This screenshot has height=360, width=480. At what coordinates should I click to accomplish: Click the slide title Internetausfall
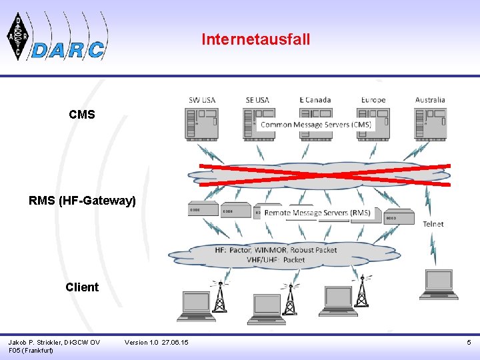256,39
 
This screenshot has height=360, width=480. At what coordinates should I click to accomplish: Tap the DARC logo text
69,50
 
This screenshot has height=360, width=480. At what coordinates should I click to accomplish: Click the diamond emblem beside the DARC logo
18,37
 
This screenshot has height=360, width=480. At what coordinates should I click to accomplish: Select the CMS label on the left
82,115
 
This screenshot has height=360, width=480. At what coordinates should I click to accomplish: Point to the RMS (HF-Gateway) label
82,200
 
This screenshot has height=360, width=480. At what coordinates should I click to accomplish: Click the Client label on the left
82,287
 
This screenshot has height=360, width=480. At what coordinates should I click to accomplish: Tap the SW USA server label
202,100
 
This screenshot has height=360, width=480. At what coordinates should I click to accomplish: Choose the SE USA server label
257,100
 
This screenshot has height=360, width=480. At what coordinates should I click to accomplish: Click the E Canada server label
315,100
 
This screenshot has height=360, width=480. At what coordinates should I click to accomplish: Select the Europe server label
373,100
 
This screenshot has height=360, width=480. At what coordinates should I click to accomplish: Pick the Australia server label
430,100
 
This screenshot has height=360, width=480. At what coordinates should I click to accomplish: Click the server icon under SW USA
201,125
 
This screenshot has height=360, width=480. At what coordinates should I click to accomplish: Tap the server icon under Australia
430,125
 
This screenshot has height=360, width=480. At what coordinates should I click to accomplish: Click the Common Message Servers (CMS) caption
316,125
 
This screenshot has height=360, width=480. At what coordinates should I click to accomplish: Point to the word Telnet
433,224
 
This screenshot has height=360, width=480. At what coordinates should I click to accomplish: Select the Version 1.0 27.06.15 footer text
156,342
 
